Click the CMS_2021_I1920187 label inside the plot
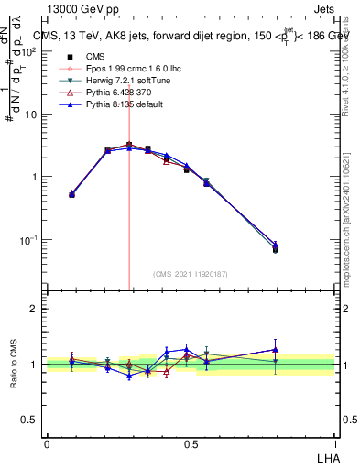(x=191, y=273)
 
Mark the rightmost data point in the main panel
(x=276, y=248)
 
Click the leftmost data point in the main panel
(x=72, y=194)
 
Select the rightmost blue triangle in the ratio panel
(x=276, y=349)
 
